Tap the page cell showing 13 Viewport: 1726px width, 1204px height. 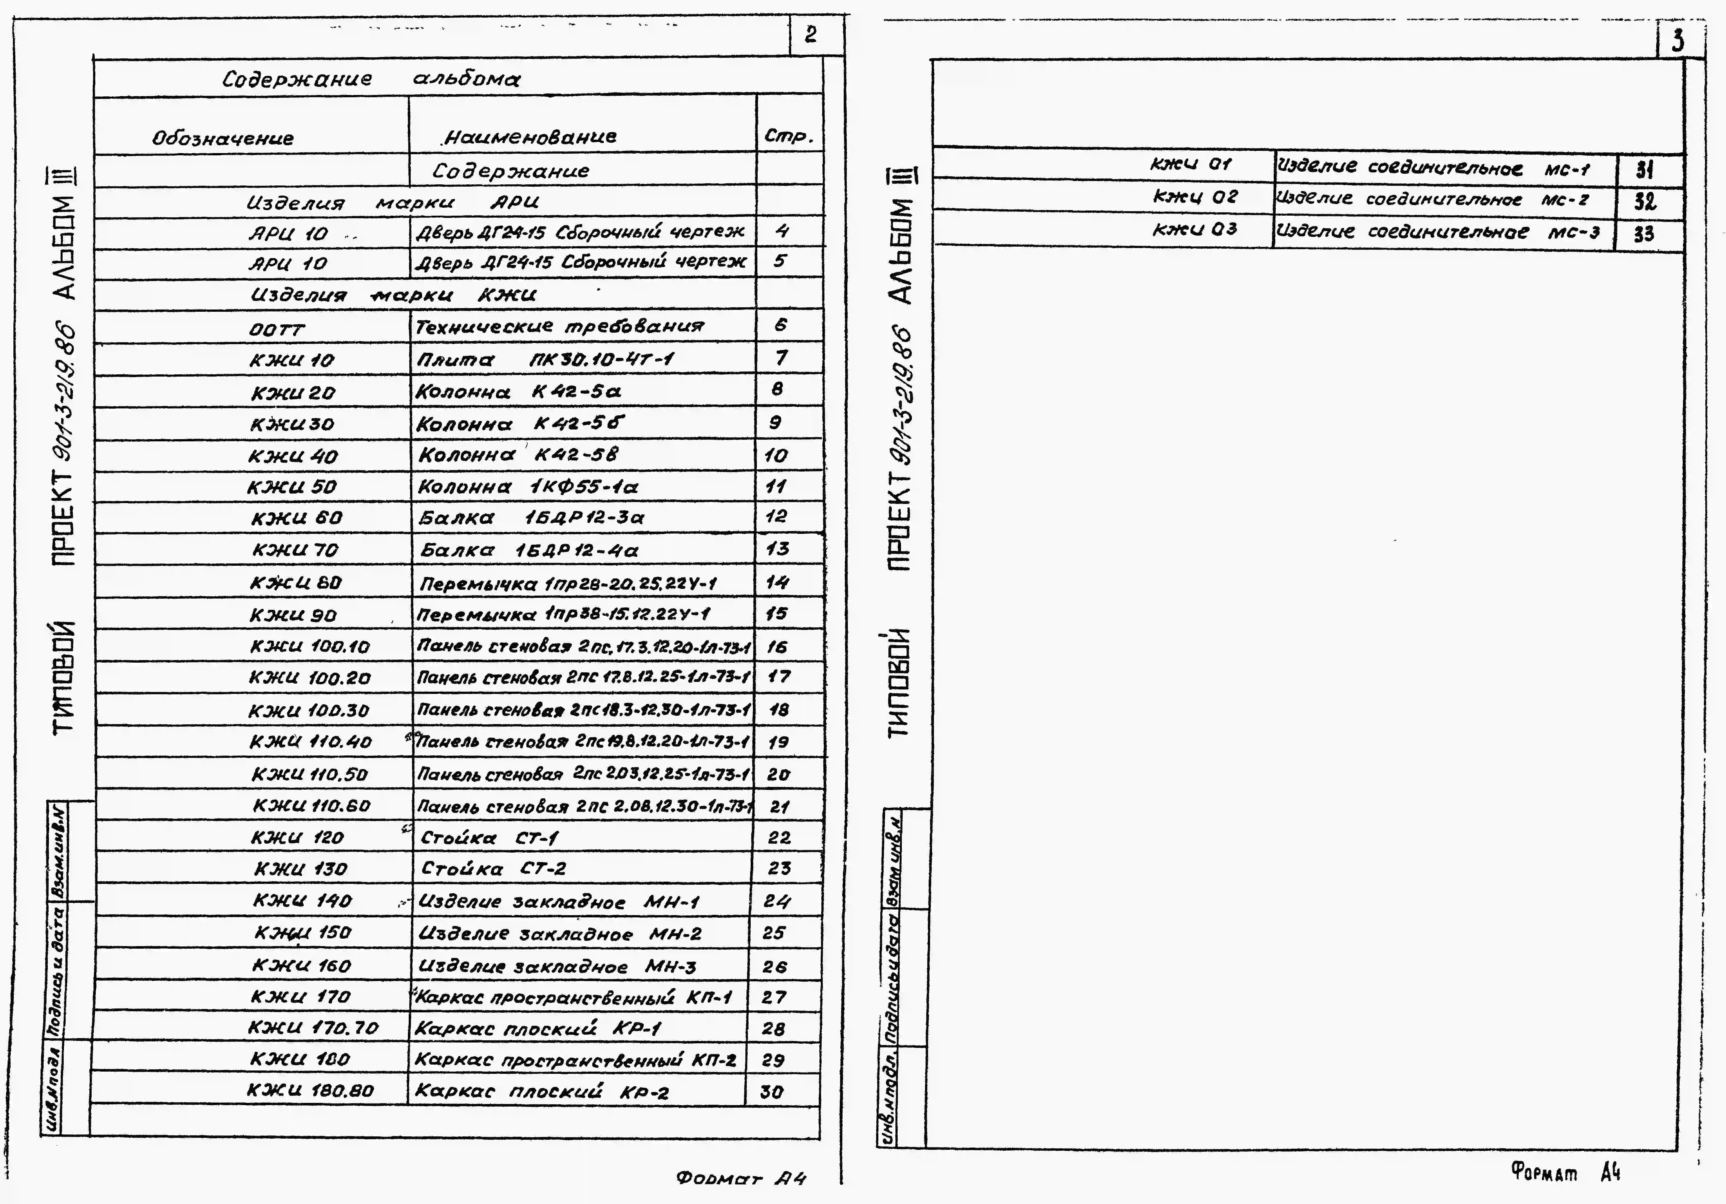coord(777,549)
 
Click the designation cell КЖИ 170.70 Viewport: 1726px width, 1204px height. coord(313,1027)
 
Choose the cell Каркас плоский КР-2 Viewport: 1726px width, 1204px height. coord(541,1091)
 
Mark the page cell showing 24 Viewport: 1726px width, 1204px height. coord(777,900)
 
